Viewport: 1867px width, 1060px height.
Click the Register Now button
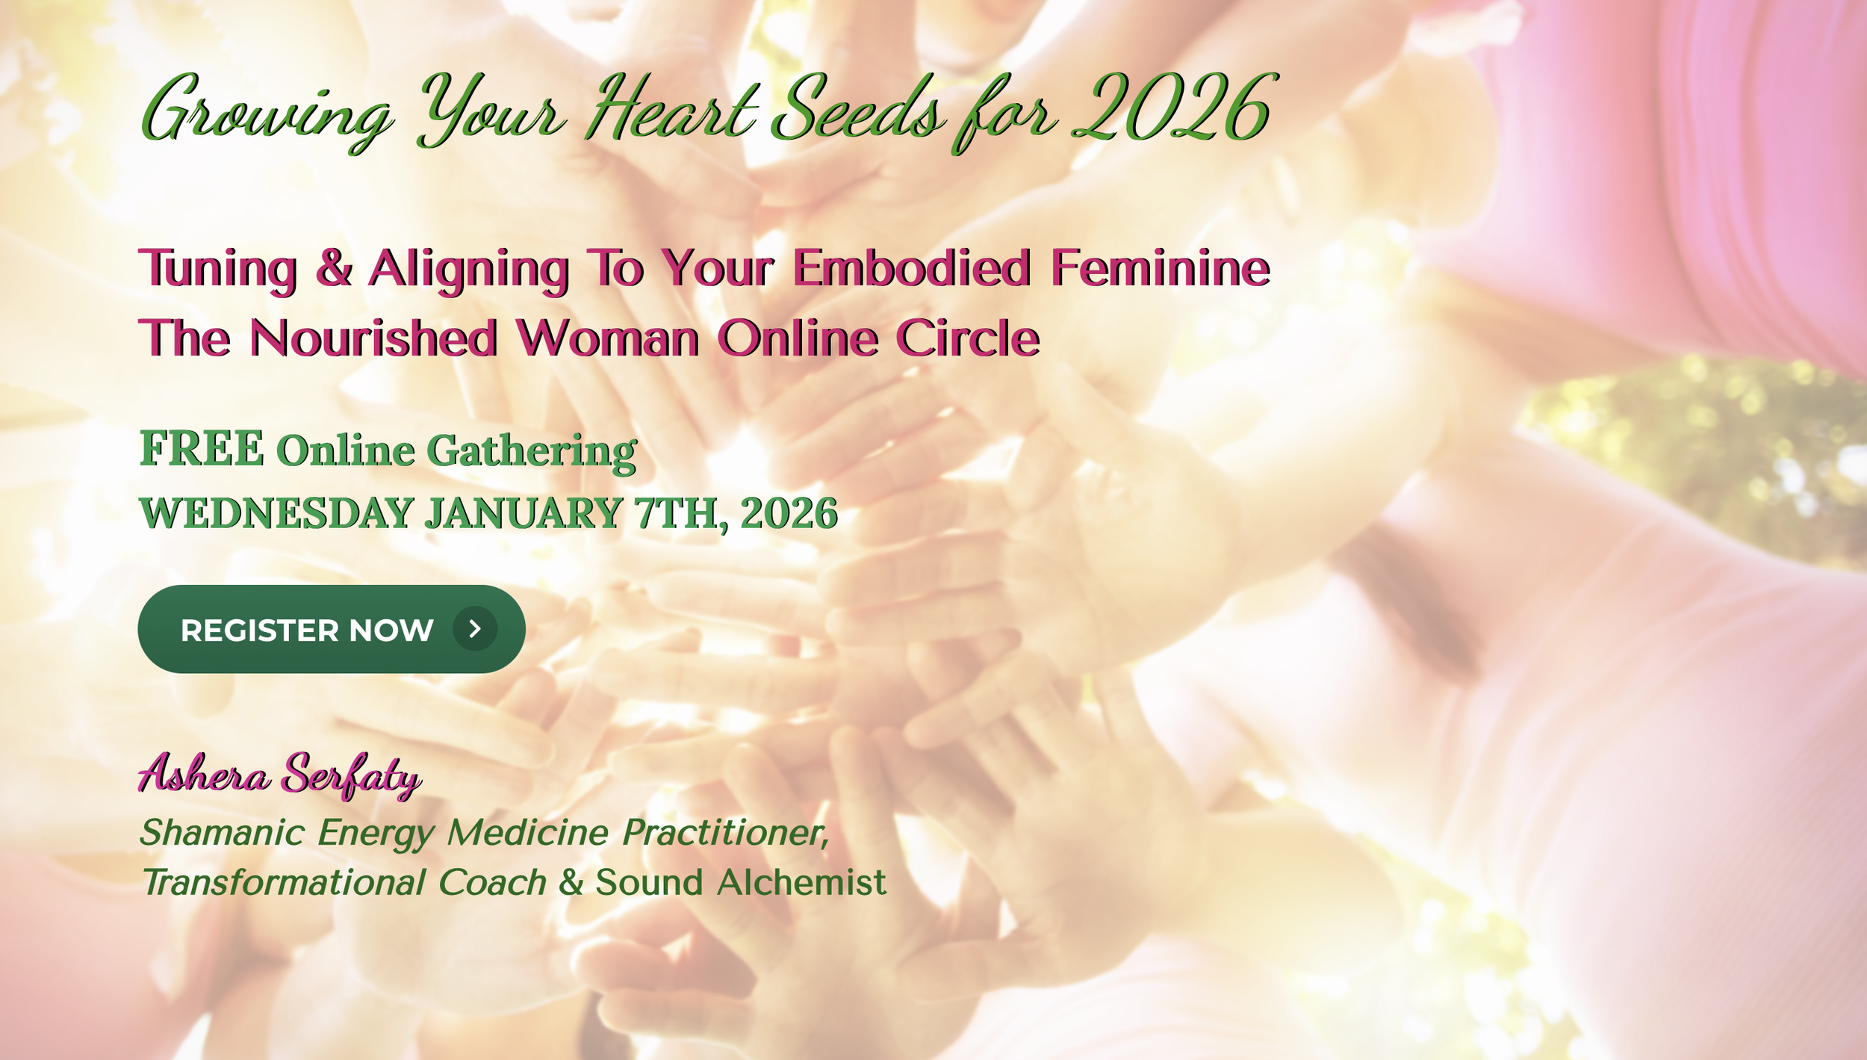(331, 630)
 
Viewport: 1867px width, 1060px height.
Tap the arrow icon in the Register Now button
(475, 629)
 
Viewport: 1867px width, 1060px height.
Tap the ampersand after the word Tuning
(334, 268)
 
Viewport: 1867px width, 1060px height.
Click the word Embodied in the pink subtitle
(912, 268)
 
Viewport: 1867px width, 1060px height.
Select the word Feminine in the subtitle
(1160, 268)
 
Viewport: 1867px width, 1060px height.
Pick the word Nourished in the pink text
(373, 338)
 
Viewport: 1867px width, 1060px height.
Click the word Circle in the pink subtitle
(968, 338)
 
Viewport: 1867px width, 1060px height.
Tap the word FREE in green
(202, 449)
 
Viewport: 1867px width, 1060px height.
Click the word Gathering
(532, 451)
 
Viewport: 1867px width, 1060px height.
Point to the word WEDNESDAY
(276, 514)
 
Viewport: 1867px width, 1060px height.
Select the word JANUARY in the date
(524, 514)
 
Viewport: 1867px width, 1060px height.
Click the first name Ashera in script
(204, 775)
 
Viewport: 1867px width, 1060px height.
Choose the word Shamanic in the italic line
(223, 833)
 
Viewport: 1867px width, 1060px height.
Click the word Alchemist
(801, 883)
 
